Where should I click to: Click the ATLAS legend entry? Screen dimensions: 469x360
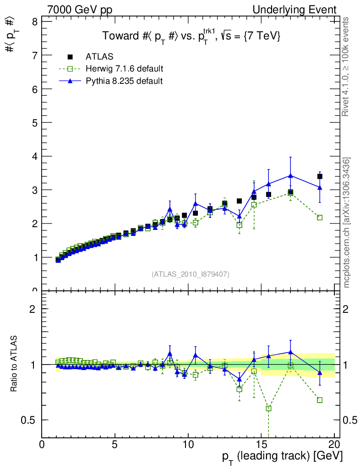[x=99, y=57]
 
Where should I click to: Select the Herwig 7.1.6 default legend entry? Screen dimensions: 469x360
[x=124, y=69]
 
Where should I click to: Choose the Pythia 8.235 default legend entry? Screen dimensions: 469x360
[x=124, y=81]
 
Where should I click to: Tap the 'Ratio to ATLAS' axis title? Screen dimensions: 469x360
[x=14, y=364]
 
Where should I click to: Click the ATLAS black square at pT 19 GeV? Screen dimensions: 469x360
[x=320, y=176]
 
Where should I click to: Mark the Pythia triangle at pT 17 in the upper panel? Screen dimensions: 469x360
[x=290, y=175]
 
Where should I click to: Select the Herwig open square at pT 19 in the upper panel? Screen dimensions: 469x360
[x=320, y=218]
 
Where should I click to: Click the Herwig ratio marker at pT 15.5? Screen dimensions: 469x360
[x=268, y=408]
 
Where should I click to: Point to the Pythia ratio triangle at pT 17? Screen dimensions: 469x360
[x=290, y=352]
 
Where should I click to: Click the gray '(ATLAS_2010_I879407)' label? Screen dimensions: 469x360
[x=191, y=274]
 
